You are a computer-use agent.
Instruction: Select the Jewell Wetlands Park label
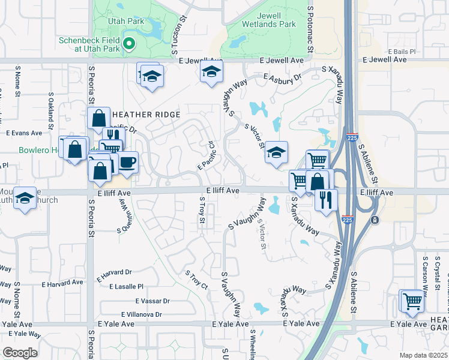(270, 20)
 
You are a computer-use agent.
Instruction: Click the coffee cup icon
(127, 162)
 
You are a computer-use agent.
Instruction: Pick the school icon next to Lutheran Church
(25, 200)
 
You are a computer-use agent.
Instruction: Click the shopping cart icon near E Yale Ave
(412, 300)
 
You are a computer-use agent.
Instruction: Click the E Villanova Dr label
(142, 314)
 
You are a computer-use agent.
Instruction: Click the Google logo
(20, 353)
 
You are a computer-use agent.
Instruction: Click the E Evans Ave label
(24, 133)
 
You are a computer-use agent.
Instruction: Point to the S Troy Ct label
(196, 280)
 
